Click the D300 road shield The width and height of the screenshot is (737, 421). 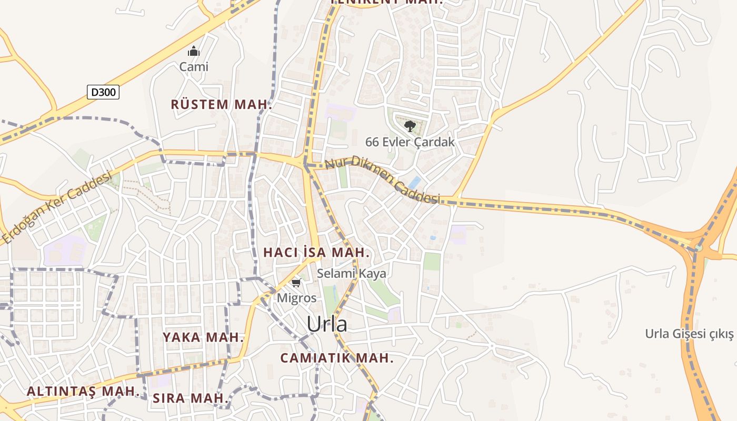pyautogui.click(x=103, y=92)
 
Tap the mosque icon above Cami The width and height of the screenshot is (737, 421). pyautogui.click(x=194, y=52)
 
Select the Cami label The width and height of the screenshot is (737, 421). pyautogui.click(x=194, y=67)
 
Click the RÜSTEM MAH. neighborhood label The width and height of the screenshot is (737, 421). pyautogui.click(x=221, y=104)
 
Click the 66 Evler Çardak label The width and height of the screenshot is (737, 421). pyautogui.click(x=410, y=142)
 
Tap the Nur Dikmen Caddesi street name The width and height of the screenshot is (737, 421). pyautogui.click(x=382, y=179)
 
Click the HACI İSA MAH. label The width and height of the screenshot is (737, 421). pyautogui.click(x=316, y=252)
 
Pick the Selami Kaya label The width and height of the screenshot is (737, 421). pyautogui.click(x=351, y=273)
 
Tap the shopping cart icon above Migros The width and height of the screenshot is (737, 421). pyautogui.click(x=296, y=284)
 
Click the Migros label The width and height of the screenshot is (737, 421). pyautogui.click(x=297, y=298)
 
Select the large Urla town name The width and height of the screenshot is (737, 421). pyautogui.click(x=327, y=324)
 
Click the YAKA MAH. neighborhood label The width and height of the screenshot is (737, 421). pyautogui.click(x=203, y=337)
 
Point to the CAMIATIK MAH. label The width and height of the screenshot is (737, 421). pyautogui.click(x=337, y=358)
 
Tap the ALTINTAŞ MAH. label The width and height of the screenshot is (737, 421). pyautogui.click(x=83, y=392)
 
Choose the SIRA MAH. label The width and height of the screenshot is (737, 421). pyautogui.click(x=191, y=398)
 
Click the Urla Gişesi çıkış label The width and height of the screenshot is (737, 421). pyautogui.click(x=689, y=334)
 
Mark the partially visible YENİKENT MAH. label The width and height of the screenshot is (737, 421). pyautogui.click(x=386, y=2)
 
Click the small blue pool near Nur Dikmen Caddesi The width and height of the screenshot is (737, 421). pyautogui.click(x=414, y=182)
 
